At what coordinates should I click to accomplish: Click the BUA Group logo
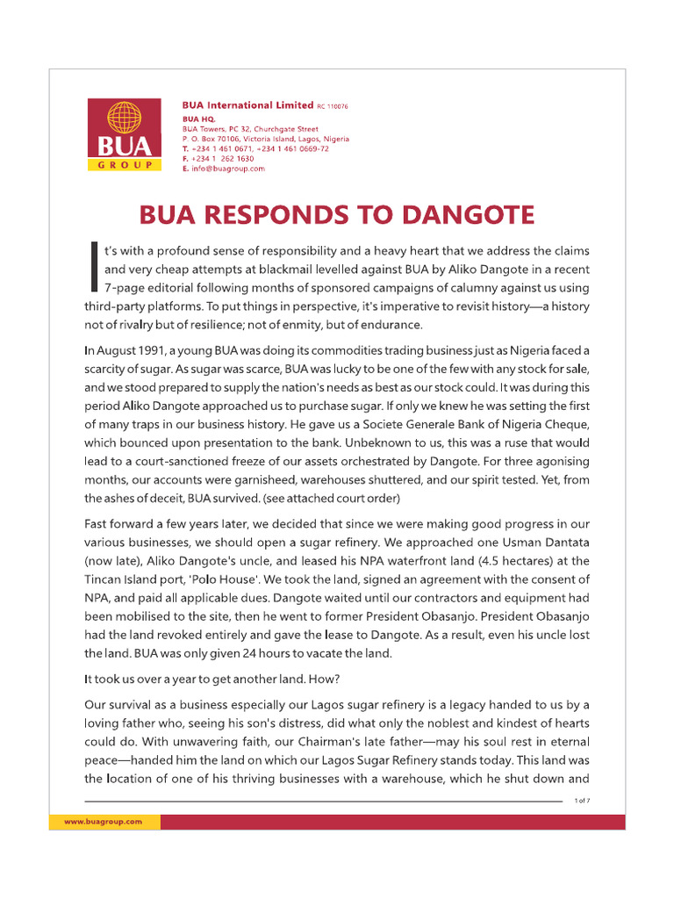124,135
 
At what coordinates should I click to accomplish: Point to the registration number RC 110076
332,106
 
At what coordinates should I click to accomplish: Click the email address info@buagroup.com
227,169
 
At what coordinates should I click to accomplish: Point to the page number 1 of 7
582,801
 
